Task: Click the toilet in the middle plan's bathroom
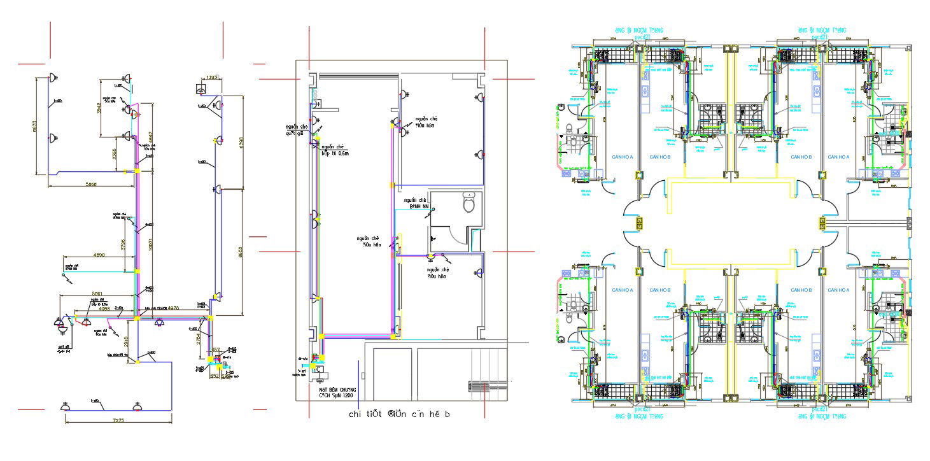pyautogui.click(x=470, y=203)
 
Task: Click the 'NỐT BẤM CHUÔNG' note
pyautogui.click(x=337, y=389)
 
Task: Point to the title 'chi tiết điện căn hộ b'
pyautogui.click(x=399, y=415)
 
